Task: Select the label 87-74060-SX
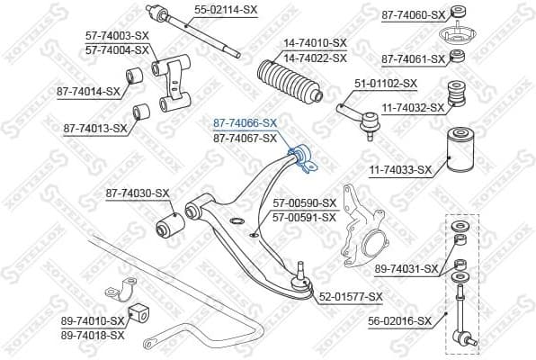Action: tap(413, 14)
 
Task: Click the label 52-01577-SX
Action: tap(351, 295)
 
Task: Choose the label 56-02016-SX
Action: tap(399, 319)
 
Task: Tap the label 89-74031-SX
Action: tap(406, 268)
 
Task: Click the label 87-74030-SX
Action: tap(137, 193)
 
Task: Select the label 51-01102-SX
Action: tap(386, 83)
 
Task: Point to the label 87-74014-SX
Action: tap(88, 91)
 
